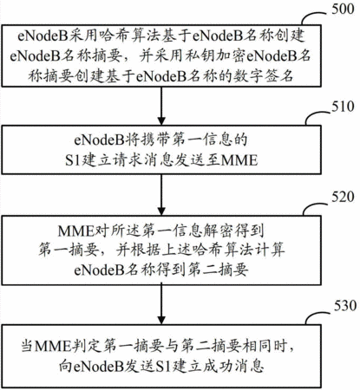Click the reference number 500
[343, 10]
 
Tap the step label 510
[343, 107]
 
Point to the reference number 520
[343, 197]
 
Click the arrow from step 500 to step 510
[161, 106]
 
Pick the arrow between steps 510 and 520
[161, 195]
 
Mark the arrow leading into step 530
[161, 304]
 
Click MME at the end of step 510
[239, 159]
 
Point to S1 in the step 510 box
[72, 159]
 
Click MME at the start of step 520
[75, 231]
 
